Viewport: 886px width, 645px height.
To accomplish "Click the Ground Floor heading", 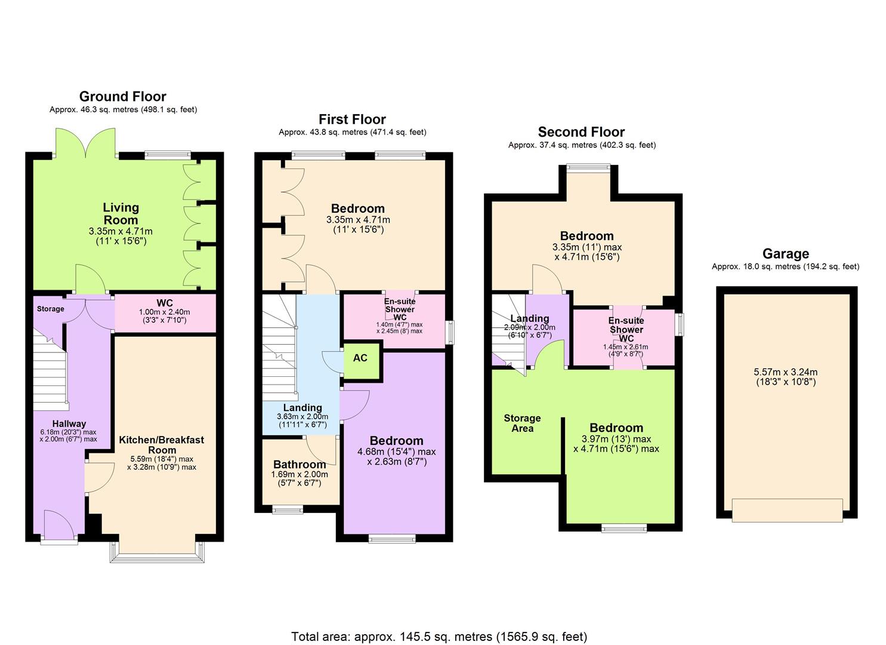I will tap(122, 96).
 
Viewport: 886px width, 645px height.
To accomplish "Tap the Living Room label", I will tap(121, 214).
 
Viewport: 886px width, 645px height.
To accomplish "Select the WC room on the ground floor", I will tap(165, 313).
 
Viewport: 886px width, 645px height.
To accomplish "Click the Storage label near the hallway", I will tap(50, 309).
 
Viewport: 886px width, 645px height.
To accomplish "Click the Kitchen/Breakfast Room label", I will tap(162, 445).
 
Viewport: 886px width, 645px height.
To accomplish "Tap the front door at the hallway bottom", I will tap(58, 528).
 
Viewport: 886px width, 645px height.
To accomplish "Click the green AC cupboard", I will tap(360, 358).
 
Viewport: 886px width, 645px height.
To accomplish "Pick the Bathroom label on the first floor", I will tap(300, 464).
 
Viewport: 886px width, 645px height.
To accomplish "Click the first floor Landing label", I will tap(302, 408).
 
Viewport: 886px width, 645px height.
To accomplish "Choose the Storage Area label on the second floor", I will tap(522, 423).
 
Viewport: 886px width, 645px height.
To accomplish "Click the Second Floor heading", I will tap(581, 132).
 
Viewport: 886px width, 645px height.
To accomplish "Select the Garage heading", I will tap(785, 253).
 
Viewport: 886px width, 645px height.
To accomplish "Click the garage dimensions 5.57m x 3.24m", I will tap(785, 376).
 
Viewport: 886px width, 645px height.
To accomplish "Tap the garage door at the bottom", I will tap(787, 509).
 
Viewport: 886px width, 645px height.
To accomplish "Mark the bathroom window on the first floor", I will tap(288, 510).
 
